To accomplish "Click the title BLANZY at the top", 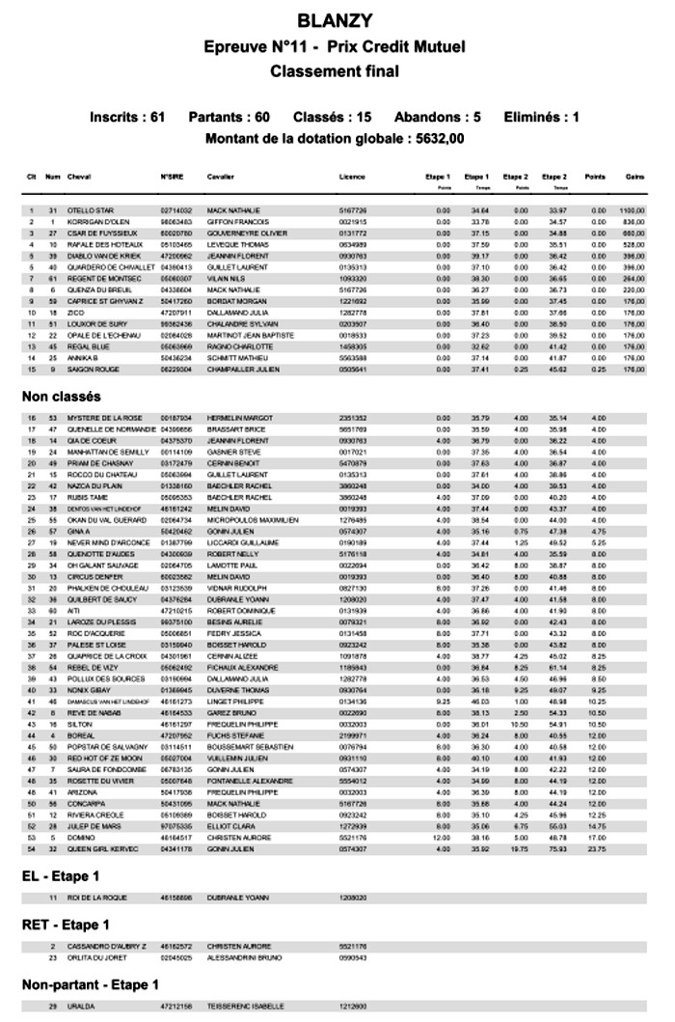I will point(336,19).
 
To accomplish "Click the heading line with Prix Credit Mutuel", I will point(335,46).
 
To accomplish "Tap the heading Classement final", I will point(335,71).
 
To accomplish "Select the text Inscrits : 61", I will point(127,117).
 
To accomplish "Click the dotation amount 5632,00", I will point(440,138).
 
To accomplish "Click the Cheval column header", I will point(79,178).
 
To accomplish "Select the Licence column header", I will point(352,178).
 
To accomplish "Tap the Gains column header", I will point(634,178).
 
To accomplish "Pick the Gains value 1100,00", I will point(632,209).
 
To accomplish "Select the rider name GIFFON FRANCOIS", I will point(235,222).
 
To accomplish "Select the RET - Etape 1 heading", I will point(66,925).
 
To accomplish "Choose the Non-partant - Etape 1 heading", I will point(91,984).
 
